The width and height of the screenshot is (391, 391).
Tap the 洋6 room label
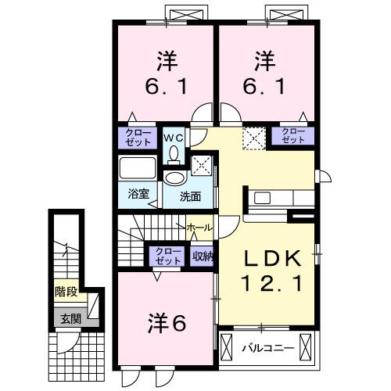(x=167, y=321)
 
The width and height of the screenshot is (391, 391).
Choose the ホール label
(x=199, y=227)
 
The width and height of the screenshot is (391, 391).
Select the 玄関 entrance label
(x=66, y=318)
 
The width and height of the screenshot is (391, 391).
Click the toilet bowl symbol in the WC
(x=174, y=151)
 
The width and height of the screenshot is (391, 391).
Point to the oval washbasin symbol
(x=173, y=178)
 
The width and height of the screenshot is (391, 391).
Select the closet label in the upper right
(x=292, y=136)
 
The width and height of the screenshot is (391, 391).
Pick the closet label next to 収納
(x=166, y=256)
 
